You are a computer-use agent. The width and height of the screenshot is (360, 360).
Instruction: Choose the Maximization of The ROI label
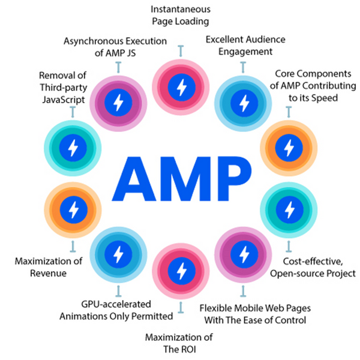[179, 342]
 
